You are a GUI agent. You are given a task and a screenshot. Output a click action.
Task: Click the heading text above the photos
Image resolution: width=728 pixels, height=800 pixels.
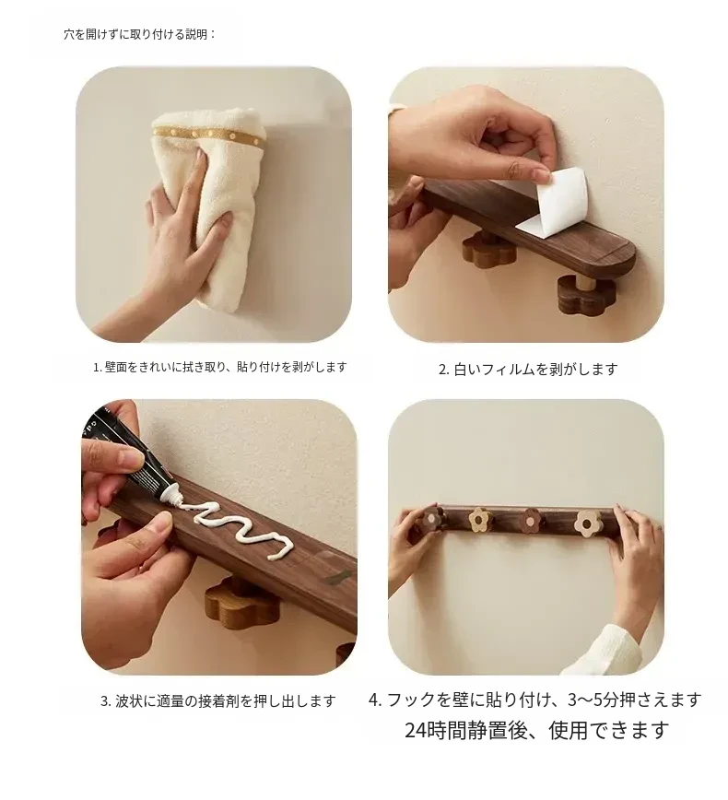tap(140, 35)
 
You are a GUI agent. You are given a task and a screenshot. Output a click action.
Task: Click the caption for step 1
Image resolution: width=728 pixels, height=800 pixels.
tap(220, 367)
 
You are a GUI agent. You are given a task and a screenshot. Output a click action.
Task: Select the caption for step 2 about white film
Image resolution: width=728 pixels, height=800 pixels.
tap(528, 369)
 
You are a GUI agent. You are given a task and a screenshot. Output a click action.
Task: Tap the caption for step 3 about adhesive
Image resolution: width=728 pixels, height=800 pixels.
tap(218, 701)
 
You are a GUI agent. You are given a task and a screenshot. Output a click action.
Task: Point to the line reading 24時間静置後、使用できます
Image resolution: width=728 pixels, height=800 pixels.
tap(536, 730)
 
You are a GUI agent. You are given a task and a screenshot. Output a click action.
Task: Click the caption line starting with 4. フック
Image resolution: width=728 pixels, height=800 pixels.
tap(535, 700)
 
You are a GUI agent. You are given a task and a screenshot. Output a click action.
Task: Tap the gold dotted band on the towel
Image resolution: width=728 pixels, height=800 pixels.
tap(209, 134)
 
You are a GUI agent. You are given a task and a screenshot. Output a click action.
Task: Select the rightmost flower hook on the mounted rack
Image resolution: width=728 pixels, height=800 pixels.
tap(588, 523)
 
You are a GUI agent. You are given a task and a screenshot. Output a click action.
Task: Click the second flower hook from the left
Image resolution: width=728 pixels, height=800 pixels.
tap(480, 520)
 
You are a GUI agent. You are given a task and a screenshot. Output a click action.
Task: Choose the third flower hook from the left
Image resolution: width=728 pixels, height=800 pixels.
tap(531, 521)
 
